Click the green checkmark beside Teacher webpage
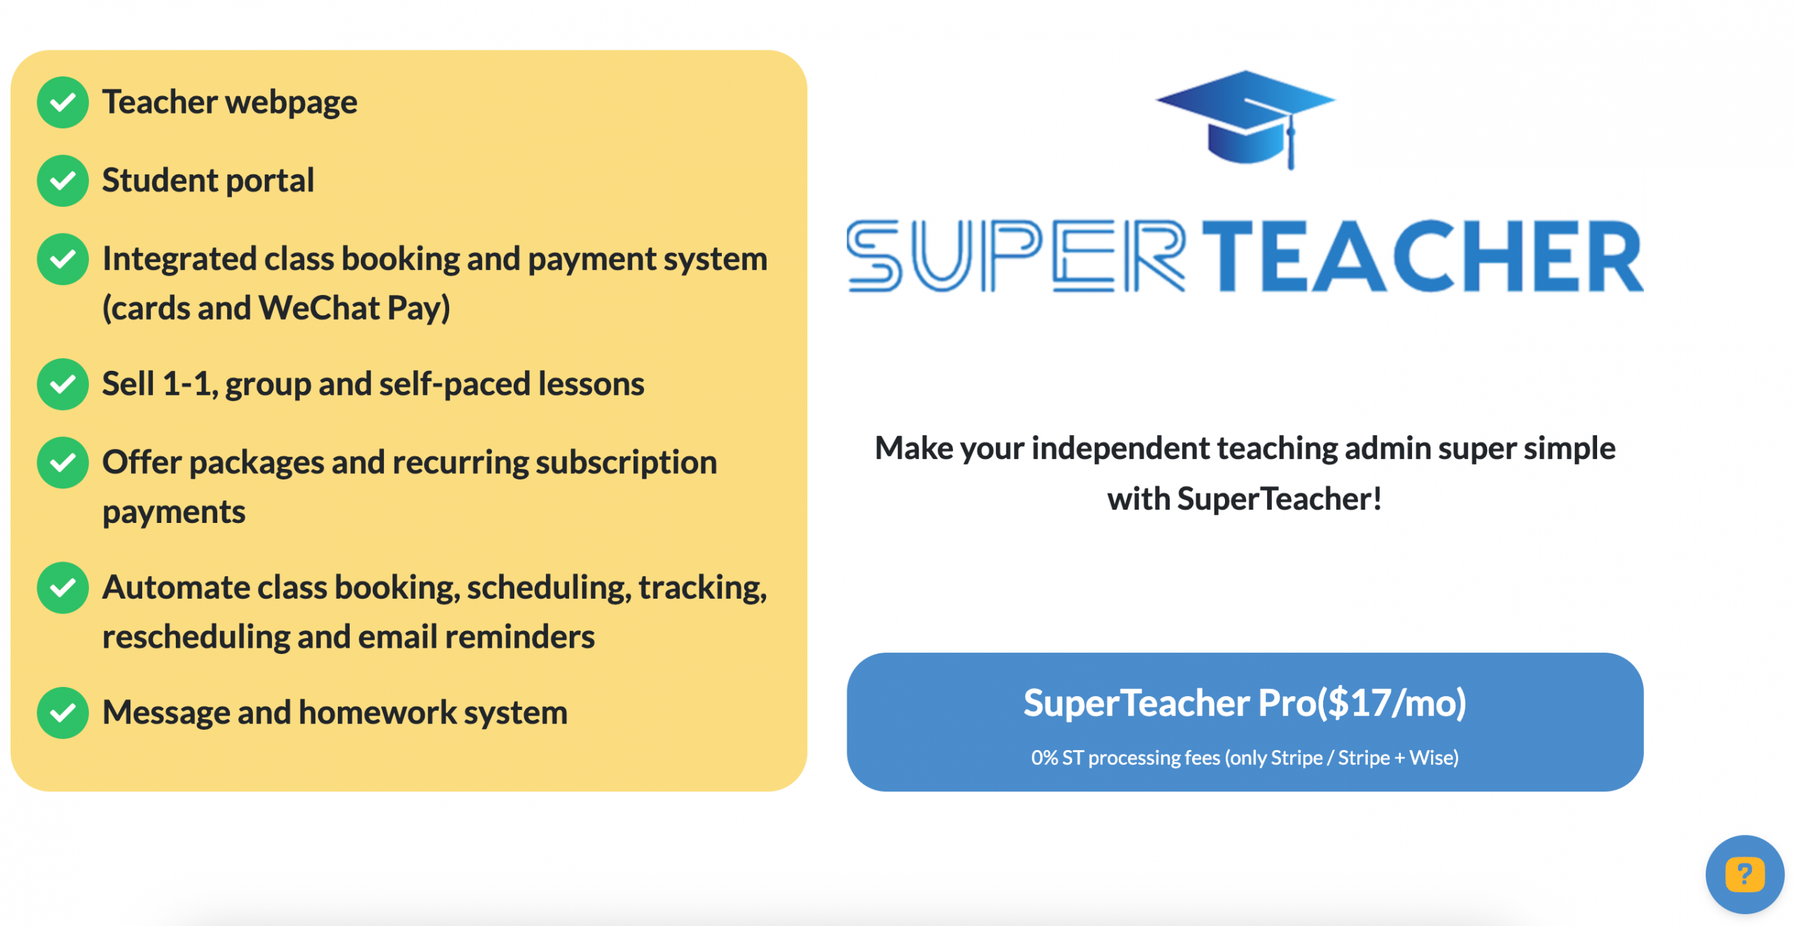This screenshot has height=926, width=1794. (x=63, y=102)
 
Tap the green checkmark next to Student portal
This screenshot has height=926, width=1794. (x=63, y=181)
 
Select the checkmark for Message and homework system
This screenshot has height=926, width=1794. (x=63, y=713)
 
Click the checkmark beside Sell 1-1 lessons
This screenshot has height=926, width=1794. (x=63, y=384)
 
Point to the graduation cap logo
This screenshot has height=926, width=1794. (x=1245, y=119)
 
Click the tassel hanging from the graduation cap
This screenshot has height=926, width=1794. (x=1290, y=144)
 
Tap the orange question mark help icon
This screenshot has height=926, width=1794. (x=1744, y=874)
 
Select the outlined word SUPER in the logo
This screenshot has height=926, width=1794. (x=1016, y=256)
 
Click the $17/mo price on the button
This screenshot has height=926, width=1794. (x=1391, y=703)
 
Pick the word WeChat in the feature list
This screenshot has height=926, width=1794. (x=319, y=308)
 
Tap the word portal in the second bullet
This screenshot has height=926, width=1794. (x=270, y=181)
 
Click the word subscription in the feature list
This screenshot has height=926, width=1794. (x=626, y=463)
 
